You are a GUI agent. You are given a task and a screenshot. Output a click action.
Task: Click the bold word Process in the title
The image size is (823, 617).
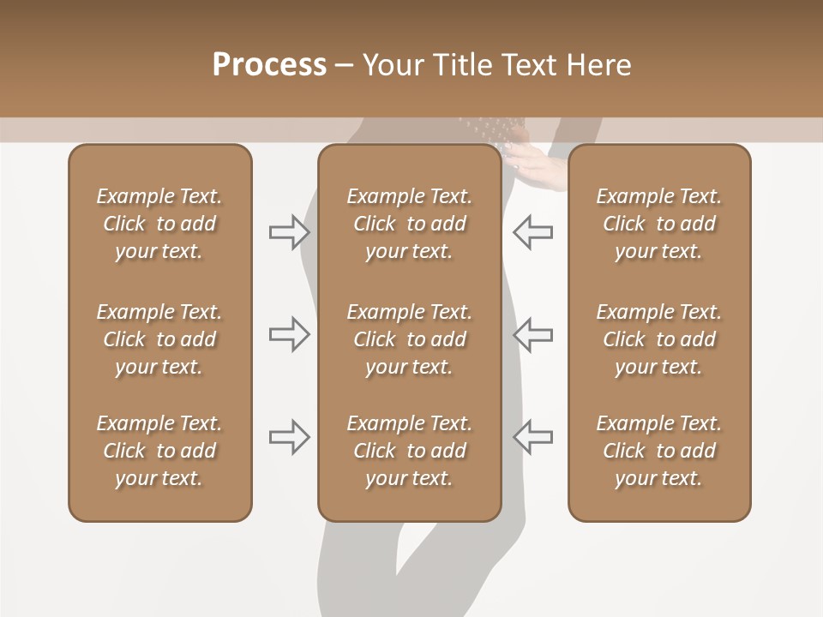coord(269,65)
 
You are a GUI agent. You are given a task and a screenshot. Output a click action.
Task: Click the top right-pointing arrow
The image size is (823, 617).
coord(289,231)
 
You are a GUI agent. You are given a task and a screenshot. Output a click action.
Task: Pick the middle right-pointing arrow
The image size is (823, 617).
coord(289,334)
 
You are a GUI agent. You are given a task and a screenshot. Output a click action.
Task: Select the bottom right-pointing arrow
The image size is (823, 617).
coord(289,436)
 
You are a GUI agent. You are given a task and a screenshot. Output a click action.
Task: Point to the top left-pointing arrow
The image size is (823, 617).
coord(533,231)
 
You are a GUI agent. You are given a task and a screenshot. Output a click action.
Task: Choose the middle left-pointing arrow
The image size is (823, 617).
coord(533,334)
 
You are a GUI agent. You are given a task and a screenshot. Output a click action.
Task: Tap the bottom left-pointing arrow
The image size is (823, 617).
coord(533,436)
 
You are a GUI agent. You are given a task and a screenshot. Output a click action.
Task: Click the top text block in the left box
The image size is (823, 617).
coord(159,224)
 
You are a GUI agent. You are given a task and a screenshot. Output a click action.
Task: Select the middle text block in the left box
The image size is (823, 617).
coord(159,339)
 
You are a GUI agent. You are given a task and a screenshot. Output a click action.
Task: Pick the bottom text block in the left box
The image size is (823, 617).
coord(159,451)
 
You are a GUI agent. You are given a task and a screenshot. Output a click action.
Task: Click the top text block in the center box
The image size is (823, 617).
coord(409,224)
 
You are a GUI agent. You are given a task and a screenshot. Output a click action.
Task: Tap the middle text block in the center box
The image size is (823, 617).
coord(409,339)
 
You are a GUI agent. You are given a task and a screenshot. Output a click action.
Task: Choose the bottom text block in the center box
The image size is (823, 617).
coord(409,451)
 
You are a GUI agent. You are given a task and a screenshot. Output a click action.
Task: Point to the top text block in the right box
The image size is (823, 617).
coord(658,224)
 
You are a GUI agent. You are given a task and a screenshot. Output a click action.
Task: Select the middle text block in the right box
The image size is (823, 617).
coord(658,339)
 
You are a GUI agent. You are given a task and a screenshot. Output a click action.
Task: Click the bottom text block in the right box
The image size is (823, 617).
coord(658,451)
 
